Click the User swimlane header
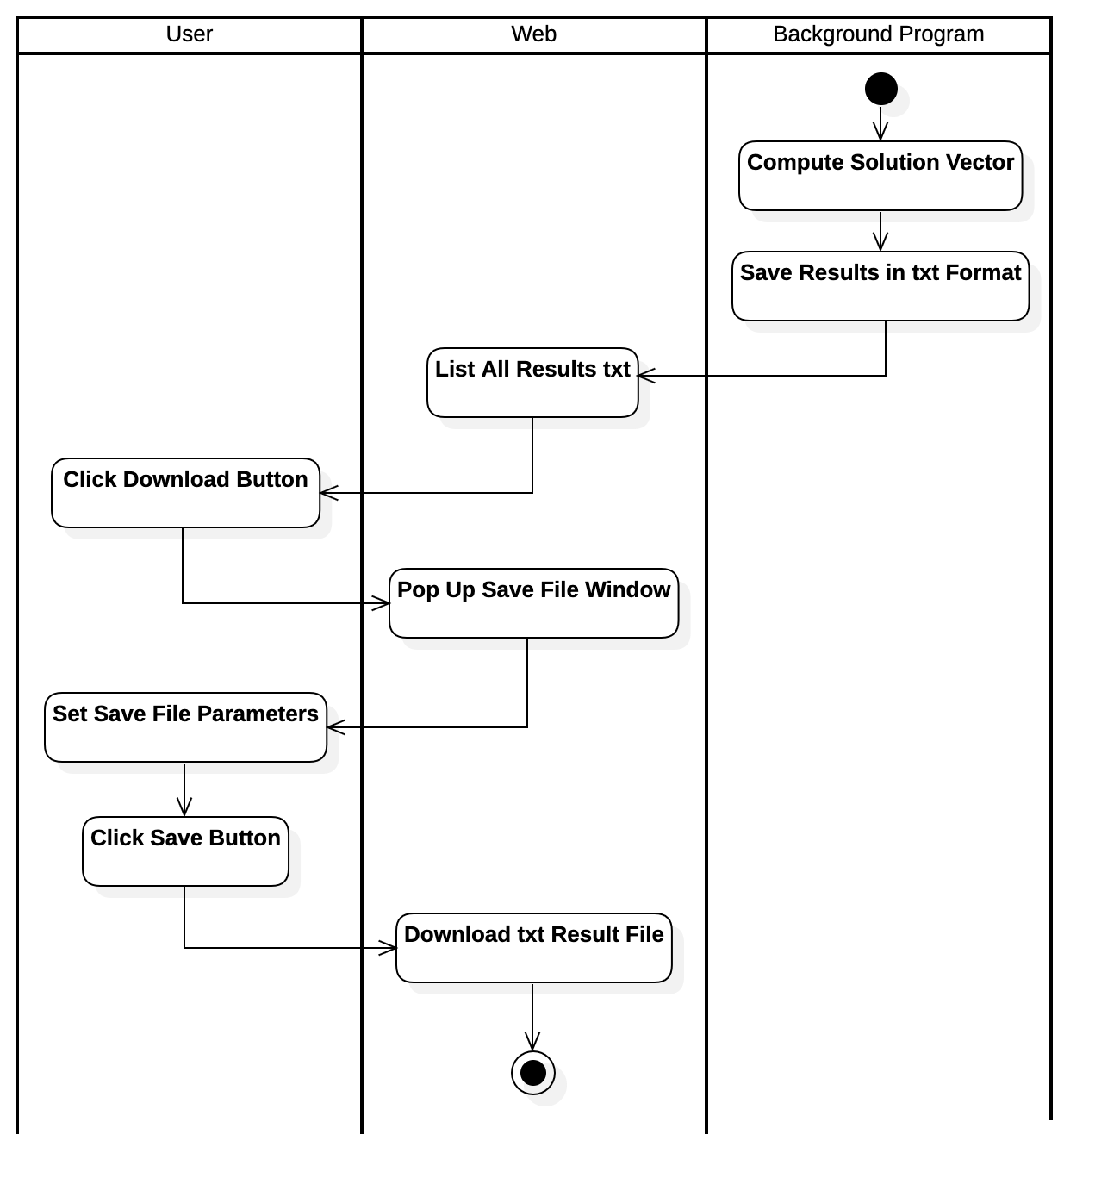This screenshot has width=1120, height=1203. click(x=189, y=34)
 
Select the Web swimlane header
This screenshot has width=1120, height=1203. click(x=533, y=34)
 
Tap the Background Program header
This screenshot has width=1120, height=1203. click(x=878, y=34)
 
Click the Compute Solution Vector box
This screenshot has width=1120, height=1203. click(x=880, y=177)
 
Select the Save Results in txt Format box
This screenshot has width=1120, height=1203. click(x=880, y=287)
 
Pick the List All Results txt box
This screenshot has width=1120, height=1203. click(x=532, y=383)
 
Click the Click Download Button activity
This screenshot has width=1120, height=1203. click(x=185, y=494)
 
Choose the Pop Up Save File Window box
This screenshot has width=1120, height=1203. click(x=533, y=604)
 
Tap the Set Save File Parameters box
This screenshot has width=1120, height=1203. click(x=185, y=728)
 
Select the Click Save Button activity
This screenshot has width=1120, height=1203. click(x=185, y=852)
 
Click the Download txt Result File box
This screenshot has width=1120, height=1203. click(x=533, y=949)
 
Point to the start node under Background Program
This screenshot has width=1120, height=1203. click(x=893, y=100)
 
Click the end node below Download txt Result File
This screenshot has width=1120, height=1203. click(x=544, y=1084)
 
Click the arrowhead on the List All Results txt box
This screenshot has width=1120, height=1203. click(x=644, y=375)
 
